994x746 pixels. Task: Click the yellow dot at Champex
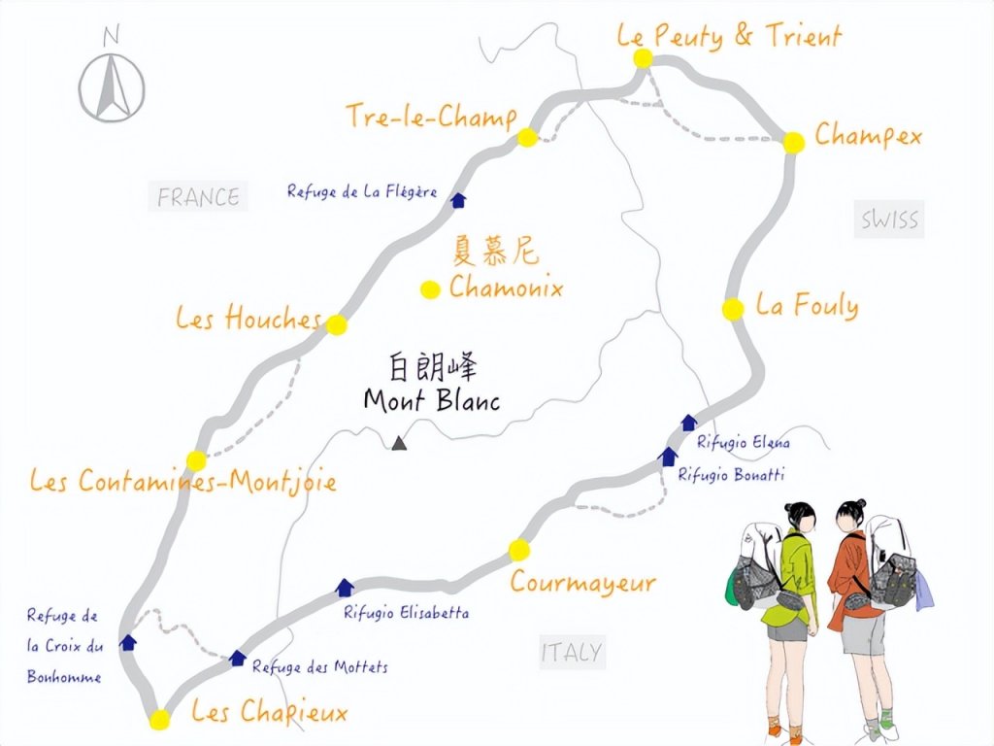794,142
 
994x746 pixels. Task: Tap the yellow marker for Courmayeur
519,551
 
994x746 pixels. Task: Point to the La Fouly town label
807,307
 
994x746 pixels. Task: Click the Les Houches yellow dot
336,324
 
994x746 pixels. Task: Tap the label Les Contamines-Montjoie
182,481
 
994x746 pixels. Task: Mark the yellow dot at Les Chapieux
160,720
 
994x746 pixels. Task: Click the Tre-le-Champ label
431,118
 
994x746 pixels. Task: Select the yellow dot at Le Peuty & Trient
643,59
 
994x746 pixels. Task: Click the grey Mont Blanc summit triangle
398,444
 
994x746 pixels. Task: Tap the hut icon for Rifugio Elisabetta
344,587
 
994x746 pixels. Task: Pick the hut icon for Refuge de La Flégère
459,200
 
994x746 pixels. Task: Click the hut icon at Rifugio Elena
688,422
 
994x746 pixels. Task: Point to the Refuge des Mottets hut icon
237,659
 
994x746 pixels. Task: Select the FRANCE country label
198,197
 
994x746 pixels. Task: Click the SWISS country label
889,220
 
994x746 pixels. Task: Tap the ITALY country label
571,653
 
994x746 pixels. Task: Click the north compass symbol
112,83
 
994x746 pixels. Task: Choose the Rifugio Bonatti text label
731,475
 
